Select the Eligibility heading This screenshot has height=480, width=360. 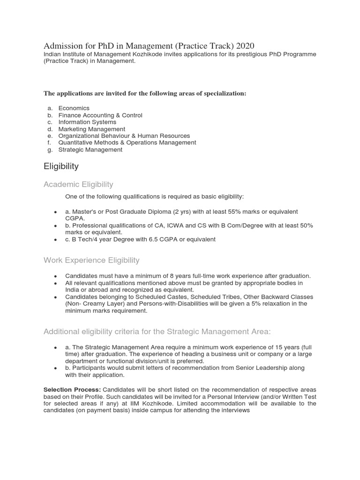tap(61, 166)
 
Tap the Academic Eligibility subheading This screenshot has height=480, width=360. tap(78, 184)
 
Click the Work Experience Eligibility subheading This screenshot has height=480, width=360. tap(91, 260)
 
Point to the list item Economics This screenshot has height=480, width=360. tap(74, 108)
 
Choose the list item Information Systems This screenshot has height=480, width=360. tap(87, 122)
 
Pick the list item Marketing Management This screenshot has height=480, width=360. tap(91, 129)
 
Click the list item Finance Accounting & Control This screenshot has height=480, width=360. tap(100, 115)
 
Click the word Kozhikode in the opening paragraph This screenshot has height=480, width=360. tap(144, 55)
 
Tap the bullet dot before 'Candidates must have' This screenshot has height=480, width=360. tap(56, 277)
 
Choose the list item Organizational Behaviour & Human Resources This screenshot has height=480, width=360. tap(124, 136)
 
